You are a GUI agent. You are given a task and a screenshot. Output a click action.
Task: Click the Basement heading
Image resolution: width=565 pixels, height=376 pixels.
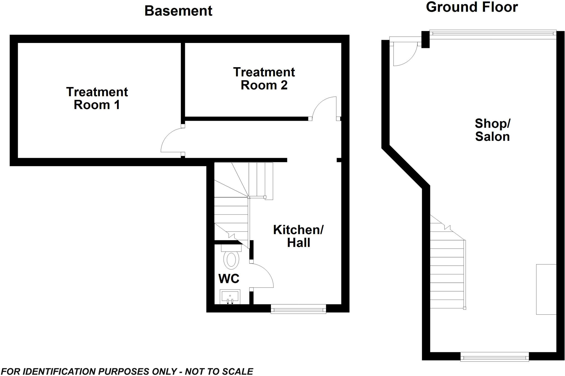pyautogui.click(x=178, y=11)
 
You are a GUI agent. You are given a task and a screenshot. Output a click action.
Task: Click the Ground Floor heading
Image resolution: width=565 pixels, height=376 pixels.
pyautogui.click(x=472, y=7)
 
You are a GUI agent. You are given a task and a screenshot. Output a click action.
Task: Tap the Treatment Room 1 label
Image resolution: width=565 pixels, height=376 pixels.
pyautogui.click(x=97, y=98)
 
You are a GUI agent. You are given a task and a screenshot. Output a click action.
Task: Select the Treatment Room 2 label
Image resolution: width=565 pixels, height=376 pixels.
pyautogui.click(x=264, y=79)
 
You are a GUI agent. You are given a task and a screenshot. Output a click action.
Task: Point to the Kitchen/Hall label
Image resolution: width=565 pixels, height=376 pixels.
pyautogui.click(x=298, y=236)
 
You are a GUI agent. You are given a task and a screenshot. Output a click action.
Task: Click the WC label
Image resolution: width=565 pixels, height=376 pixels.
pyautogui.click(x=229, y=279)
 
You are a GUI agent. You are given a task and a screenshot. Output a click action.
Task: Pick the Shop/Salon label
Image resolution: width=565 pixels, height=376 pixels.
pyautogui.click(x=492, y=130)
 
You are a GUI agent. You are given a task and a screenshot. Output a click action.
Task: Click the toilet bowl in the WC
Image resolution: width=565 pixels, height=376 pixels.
pyautogui.click(x=231, y=260)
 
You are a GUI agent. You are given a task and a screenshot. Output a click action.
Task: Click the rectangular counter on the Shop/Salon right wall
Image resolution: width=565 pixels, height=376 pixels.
pyautogui.click(x=546, y=289)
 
